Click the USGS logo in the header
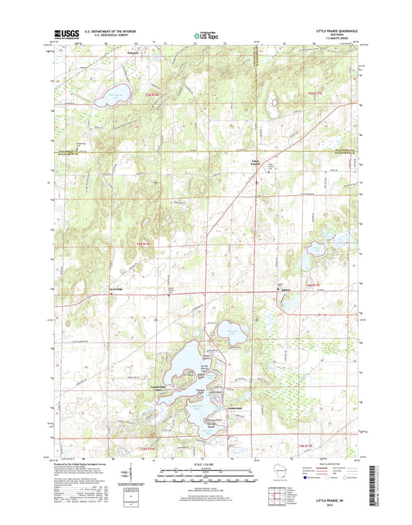[x=70, y=36]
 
